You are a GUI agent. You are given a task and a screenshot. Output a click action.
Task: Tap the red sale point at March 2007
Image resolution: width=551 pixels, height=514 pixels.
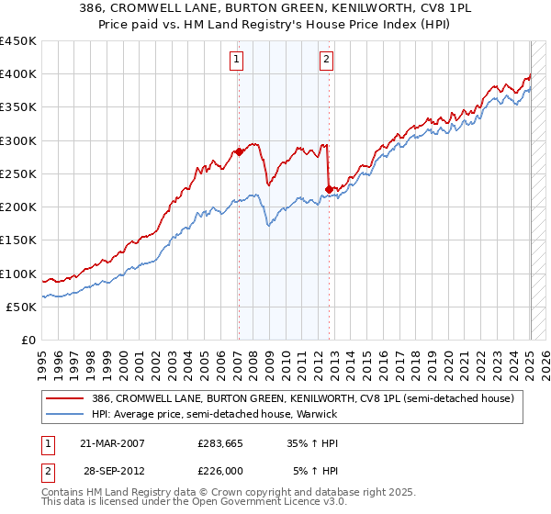[x=239, y=152]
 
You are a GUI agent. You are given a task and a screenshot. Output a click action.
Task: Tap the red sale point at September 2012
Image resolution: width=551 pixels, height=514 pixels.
[x=329, y=190]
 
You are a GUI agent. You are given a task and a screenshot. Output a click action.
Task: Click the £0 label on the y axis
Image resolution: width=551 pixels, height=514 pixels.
[x=28, y=340]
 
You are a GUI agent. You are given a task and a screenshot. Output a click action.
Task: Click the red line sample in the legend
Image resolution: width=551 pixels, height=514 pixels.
[x=64, y=398]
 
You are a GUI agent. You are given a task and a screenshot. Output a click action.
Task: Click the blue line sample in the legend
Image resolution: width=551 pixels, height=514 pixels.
[x=64, y=413]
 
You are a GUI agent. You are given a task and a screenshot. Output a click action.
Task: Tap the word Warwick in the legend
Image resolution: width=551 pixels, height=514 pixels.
[x=318, y=413]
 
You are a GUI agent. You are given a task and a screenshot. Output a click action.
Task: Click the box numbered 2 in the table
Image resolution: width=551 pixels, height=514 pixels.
[x=47, y=471]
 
